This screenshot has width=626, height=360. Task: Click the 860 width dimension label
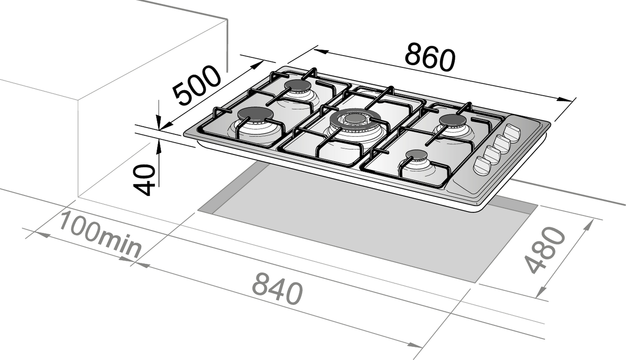[x=430, y=57]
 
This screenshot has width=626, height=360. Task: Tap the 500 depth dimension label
[x=196, y=86]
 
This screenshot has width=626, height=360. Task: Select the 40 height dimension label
[x=144, y=180]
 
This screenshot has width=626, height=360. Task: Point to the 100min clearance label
[x=99, y=235]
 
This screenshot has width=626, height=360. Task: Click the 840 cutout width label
[x=277, y=288]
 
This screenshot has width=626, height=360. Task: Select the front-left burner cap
[x=256, y=114]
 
